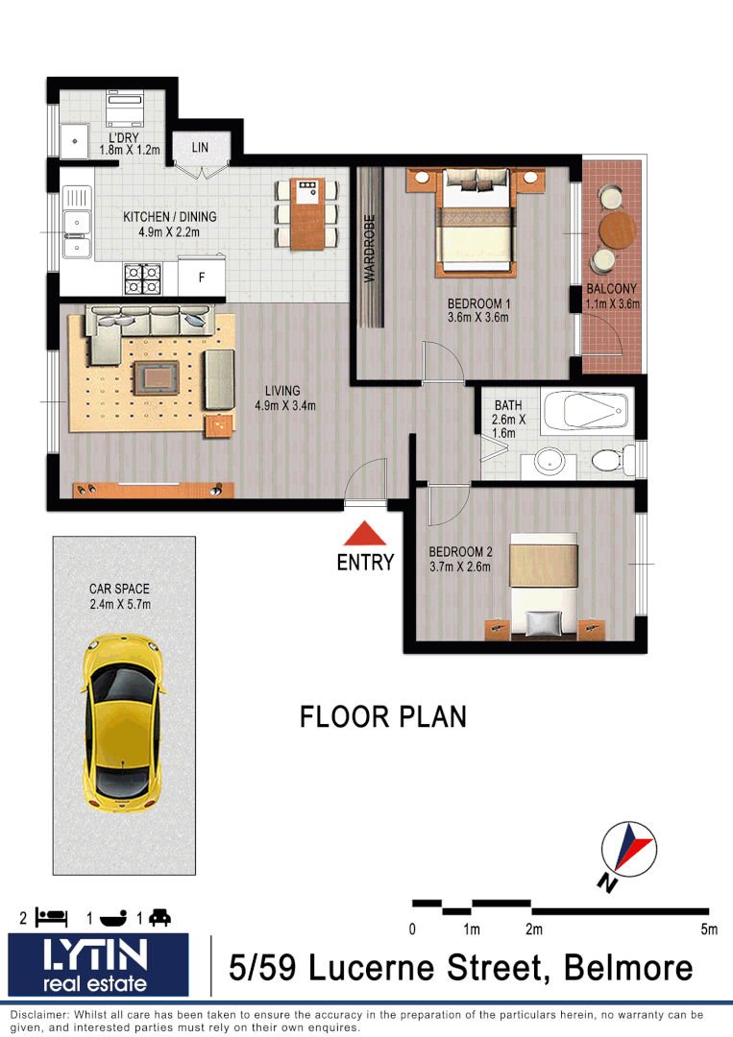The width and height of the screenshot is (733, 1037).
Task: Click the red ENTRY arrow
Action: coord(365,535)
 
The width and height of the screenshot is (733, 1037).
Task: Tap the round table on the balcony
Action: coord(617,230)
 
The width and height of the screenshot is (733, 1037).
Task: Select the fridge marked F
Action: coord(202,277)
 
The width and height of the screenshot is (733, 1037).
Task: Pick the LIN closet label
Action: coord(200,147)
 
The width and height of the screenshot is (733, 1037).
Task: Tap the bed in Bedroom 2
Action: coord(544,586)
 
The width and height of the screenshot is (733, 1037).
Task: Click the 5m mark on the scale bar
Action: coord(709,928)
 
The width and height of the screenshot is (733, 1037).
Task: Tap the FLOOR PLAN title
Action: coord(383,717)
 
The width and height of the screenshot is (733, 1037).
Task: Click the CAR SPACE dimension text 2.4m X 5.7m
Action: coord(119,604)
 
